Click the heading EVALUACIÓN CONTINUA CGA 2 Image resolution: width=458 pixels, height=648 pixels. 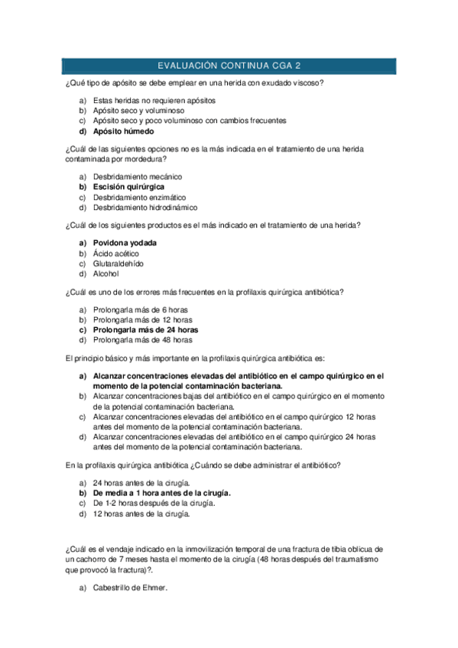pyautogui.click(x=229, y=66)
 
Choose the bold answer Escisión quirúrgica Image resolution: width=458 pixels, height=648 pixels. pyautogui.click(x=128, y=186)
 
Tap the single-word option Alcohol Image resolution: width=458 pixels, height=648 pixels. pyautogui.click(x=106, y=274)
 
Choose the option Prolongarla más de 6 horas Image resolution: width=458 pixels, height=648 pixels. pyautogui.click(x=141, y=309)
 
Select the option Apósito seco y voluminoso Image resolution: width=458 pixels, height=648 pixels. pyautogui.click(x=138, y=111)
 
